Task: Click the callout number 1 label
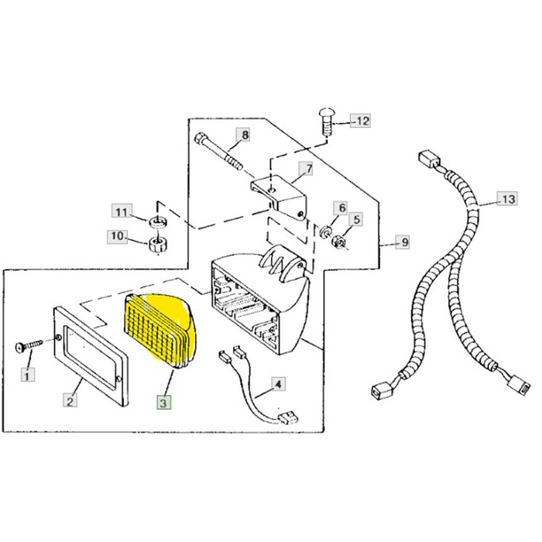[29, 376]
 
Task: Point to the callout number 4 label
[278, 382]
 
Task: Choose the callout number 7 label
[307, 169]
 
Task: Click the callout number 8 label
[245, 135]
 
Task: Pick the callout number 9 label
[403, 242]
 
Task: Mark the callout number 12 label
[362, 121]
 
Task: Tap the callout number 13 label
[507, 200]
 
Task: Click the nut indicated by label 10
[158, 245]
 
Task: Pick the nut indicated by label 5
[339, 242]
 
